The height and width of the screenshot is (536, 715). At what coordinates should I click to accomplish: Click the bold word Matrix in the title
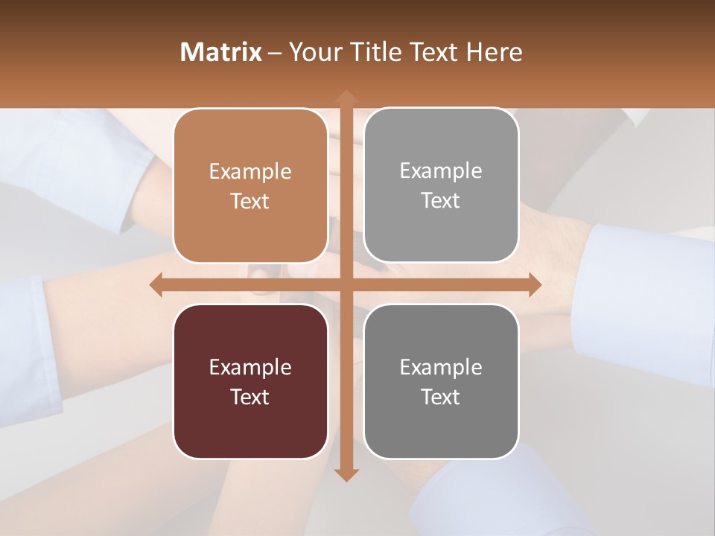tap(221, 52)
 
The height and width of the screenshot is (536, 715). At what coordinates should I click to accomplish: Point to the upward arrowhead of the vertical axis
tap(346, 97)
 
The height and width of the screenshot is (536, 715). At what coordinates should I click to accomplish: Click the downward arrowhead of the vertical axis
tap(346, 474)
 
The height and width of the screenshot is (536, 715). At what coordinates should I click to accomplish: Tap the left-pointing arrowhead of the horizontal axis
tap(157, 284)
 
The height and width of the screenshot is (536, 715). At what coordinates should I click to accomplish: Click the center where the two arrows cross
tap(346, 284)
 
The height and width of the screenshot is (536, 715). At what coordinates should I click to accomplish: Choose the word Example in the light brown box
tap(250, 172)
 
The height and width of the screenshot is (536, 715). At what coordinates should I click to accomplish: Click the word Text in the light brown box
tap(250, 202)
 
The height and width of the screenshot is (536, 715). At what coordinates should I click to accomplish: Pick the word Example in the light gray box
tap(441, 171)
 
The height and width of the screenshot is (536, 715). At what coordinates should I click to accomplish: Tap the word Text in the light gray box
tap(441, 201)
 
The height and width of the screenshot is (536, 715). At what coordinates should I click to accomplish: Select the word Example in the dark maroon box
tap(250, 368)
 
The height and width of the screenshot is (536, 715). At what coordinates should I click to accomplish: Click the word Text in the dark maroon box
tap(250, 398)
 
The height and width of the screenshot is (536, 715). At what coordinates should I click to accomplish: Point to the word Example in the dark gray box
tap(441, 368)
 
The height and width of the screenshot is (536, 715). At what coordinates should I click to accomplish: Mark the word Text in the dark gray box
tap(441, 398)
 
